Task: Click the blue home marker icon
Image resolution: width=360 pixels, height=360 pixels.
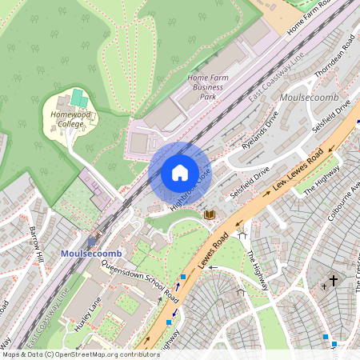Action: click(180, 172)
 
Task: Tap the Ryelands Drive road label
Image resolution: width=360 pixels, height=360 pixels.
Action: click(260, 131)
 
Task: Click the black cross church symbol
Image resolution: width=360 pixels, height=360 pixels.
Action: click(334, 281)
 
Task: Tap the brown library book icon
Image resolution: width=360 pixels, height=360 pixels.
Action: click(210, 214)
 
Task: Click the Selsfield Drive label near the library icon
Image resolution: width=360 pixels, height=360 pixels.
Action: click(250, 183)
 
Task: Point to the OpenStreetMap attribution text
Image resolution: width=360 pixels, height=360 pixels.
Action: click(80, 354)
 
